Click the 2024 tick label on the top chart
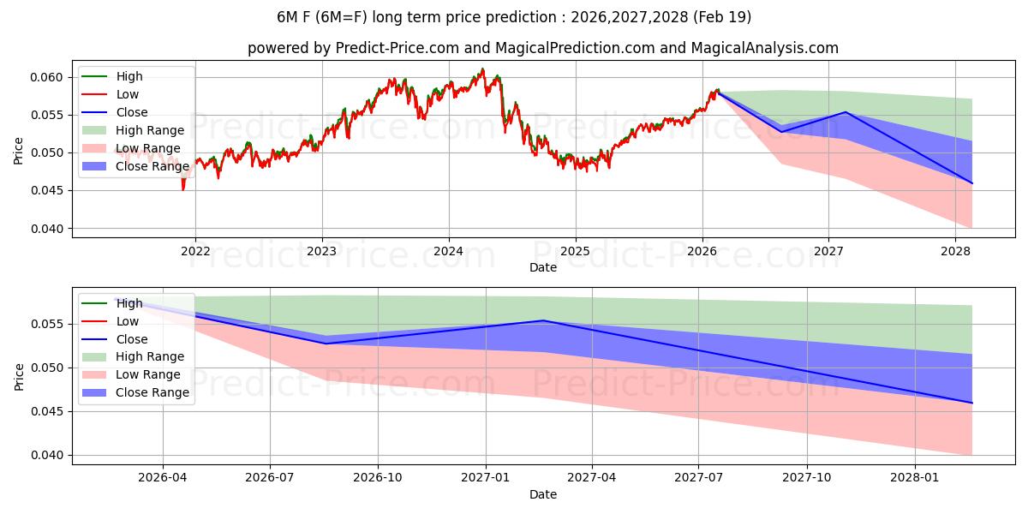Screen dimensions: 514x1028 tap(449, 251)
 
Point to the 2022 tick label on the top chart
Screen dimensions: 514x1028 tap(195, 251)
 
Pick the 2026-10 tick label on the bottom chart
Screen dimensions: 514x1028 tap(378, 478)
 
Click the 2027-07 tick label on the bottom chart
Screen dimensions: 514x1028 tap(699, 478)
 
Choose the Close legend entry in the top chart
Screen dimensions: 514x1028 tap(131, 112)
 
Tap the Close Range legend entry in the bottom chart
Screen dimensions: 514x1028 tap(152, 393)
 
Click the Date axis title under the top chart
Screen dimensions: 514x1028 tap(543, 267)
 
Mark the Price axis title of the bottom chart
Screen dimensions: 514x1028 tap(19, 376)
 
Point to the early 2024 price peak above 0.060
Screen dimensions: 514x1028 tap(482, 69)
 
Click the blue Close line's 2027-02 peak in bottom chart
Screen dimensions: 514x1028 tap(542, 320)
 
